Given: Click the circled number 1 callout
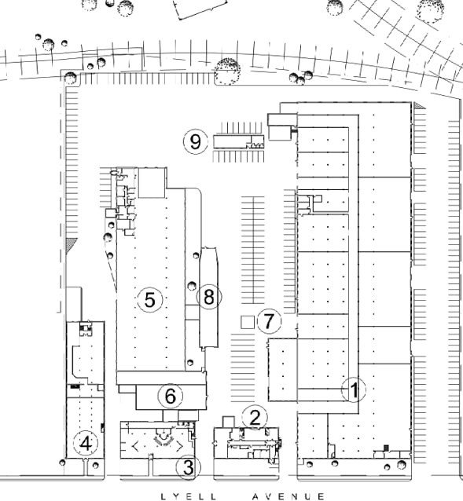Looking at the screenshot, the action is click(x=354, y=389).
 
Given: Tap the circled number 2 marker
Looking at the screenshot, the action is click(x=255, y=418).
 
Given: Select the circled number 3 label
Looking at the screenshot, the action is click(x=189, y=467).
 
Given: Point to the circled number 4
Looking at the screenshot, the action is click(x=86, y=444).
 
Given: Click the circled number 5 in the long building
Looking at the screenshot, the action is click(x=150, y=300).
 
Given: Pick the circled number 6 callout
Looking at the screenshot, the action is click(x=171, y=397).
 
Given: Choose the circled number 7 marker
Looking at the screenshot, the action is click(x=269, y=321).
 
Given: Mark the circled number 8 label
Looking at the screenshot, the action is click(x=209, y=297).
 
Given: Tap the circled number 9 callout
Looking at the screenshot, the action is click(x=196, y=141).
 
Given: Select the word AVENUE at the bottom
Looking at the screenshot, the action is click(x=288, y=497).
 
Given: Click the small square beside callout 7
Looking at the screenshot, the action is click(x=248, y=322).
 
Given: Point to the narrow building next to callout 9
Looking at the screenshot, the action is click(x=239, y=142).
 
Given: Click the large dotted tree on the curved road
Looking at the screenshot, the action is click(x=228, y=71).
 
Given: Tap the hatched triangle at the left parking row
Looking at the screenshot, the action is click(x=71, y=245).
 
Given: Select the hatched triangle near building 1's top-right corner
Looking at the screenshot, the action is click(x=420, y=106).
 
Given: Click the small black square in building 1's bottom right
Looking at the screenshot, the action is click(x=386, y=448).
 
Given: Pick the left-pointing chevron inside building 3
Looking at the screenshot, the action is click(x=135, y=446).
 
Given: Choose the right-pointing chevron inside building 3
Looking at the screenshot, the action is click(x=180, y=446).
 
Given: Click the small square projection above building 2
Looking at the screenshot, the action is click(x=228, y=422).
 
